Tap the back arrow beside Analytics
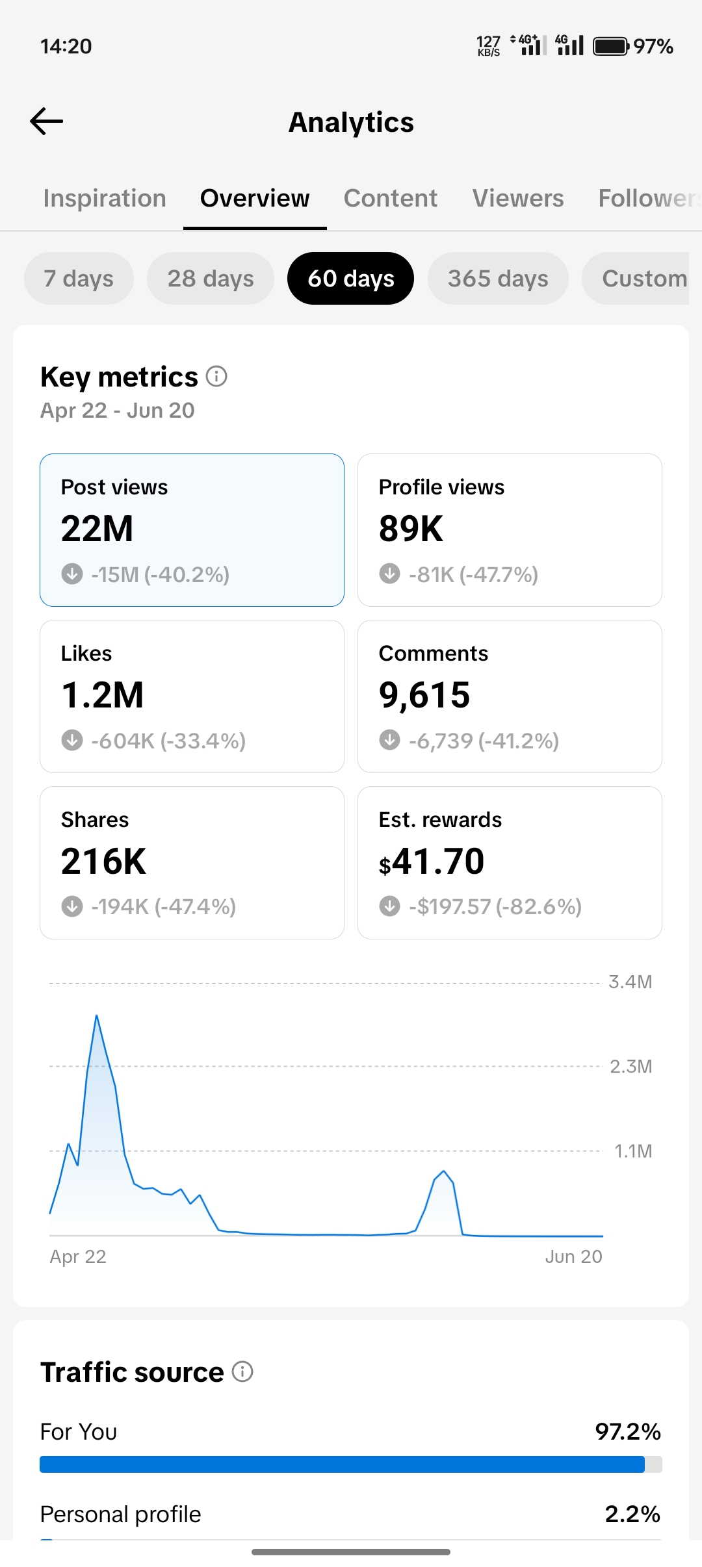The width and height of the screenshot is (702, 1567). (46, 121)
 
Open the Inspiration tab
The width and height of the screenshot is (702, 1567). (105, 198)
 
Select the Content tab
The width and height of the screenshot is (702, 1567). (390, 198)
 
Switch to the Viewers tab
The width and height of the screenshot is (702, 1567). (518, 198)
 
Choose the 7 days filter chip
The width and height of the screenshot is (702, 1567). (79, 278)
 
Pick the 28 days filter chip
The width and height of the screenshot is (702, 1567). (211, 278)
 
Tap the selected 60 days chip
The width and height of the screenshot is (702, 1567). (350, 278)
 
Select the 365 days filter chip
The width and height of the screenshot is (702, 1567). (498, 278)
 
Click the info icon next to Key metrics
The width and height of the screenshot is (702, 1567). (216, 376)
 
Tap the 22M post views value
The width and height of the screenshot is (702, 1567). (97, 528)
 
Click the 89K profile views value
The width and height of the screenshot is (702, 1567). (411, 528)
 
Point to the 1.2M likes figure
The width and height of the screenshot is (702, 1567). (102, 694)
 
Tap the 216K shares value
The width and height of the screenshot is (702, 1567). (103, 861)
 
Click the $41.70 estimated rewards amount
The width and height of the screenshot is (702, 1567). (432, 861)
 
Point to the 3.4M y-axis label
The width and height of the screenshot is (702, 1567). (630, 982)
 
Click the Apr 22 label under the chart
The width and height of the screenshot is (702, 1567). (78, 1256)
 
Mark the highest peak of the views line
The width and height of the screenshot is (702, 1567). (96, 1015)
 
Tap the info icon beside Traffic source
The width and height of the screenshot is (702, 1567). (242, 1371)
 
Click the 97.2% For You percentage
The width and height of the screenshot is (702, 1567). (628, 1431)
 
